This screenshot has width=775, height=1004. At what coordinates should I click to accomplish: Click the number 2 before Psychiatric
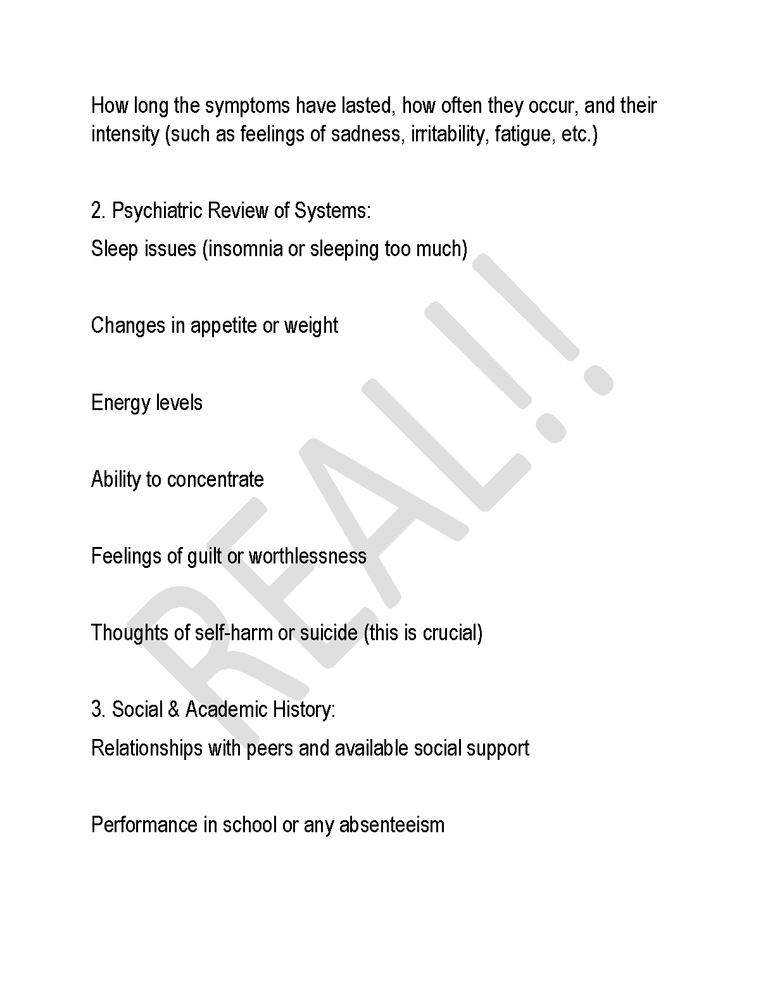pyautogui.click(x=97, y=211)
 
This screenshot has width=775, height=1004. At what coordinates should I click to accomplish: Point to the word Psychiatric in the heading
pyautogui.click(x=157, y=211)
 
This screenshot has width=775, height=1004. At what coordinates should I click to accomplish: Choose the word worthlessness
pyautogui.click(x=308, y=557)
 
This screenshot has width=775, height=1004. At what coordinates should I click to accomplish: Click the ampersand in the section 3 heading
pyautogui.click(x=173, y=710)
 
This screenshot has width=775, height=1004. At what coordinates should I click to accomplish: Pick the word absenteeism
pyautogui.click(x=392, y=825)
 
